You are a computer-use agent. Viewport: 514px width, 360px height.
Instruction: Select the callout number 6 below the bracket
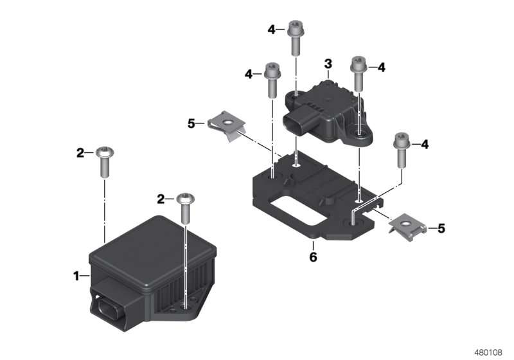313,256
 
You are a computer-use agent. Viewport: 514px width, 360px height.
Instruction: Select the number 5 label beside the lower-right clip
441,228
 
